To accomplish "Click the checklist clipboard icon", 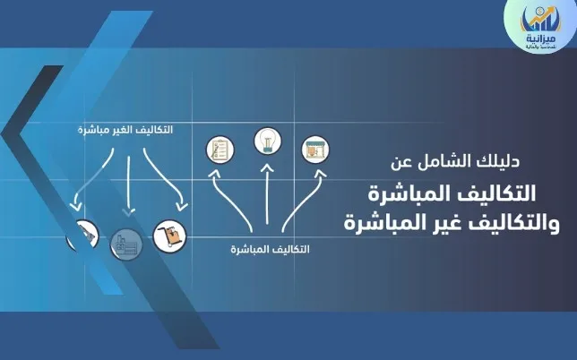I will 220,148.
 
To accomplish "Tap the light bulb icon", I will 266,141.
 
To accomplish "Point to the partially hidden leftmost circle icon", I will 82,235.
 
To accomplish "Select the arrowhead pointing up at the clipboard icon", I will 214,176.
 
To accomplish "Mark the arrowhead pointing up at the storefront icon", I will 319,176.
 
